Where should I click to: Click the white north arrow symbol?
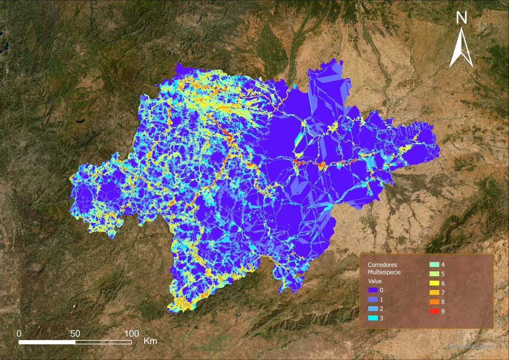click(x=461, y=49)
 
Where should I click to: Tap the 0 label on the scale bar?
click(x=19, y=333)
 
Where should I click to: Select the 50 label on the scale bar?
click(x=75, y=333)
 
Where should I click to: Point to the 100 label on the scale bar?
click(x=131, y=333)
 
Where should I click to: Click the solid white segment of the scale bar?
click(x=47, y=342)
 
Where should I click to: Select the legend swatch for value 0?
click(x=373, y=290)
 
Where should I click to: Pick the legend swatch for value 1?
click(x=373, y=300)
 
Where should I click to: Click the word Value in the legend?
click(x=375, y=281)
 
